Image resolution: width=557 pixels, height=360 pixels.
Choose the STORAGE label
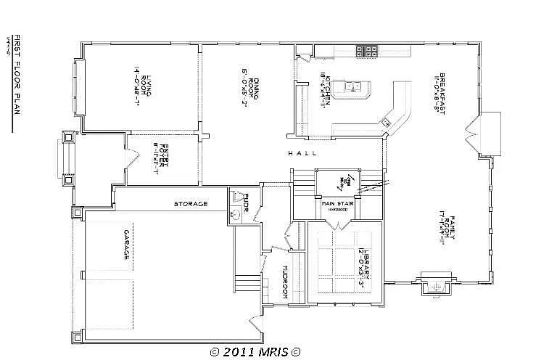tap(190, 204)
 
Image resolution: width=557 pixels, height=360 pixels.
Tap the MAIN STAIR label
tap(338, 204)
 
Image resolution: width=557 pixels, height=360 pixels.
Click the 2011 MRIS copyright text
tap(255, 352)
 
